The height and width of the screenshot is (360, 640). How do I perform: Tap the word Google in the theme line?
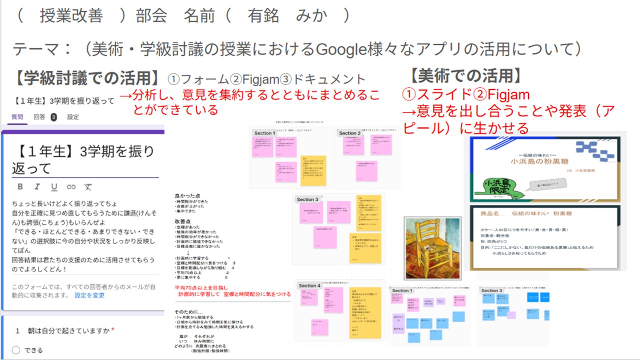(340, 49)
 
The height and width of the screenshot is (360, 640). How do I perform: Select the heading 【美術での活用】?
(466, 76)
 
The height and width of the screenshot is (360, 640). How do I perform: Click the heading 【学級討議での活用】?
(88, 78)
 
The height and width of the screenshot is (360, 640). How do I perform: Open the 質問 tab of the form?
(17, 117)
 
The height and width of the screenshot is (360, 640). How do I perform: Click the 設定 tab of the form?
(73, 117)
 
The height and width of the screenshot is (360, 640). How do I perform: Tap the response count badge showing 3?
(53, 117)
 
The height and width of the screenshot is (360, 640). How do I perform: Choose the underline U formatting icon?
(54, 186)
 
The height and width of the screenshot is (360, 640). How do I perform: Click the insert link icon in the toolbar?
(71, 186)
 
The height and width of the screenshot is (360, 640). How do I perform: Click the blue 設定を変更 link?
(89, 295)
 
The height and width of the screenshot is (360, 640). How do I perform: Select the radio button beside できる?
(16, 350)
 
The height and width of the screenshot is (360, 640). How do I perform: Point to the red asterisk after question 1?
(113, 330)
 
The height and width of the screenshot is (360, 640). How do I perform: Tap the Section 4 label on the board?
(309, 285)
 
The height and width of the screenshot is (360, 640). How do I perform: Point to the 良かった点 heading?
(186, 195)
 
